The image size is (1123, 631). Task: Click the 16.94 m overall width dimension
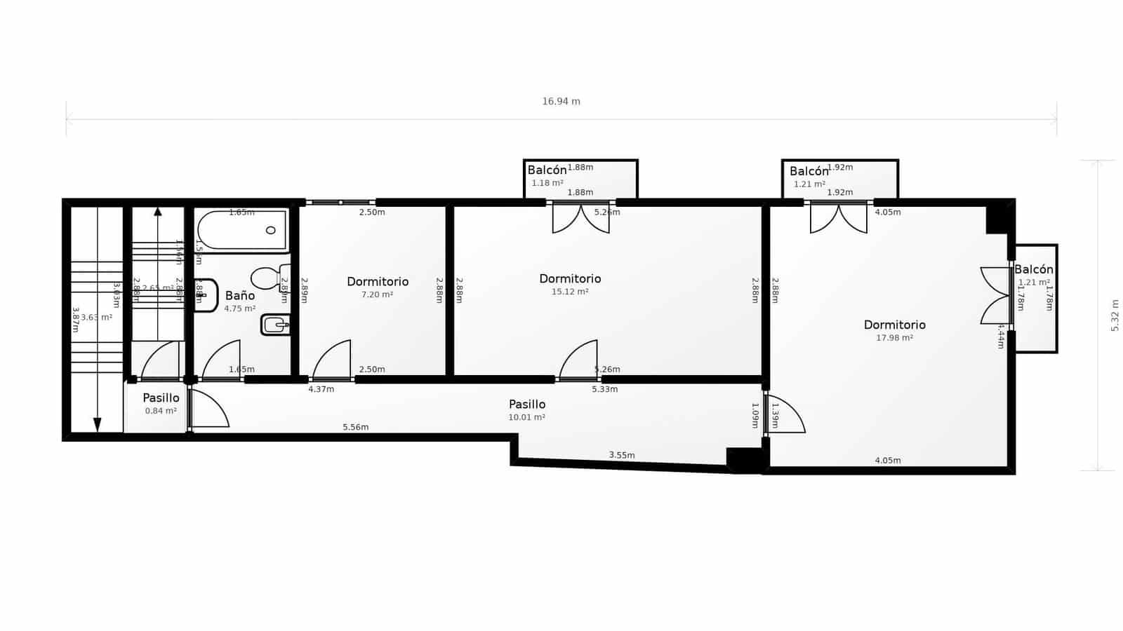pyautogui.click(x=561, y=101)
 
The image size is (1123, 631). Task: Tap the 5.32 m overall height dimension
pyautogui.click(x=1115, y=315)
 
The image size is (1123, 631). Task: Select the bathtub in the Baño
pyautogui.click(x=242, y=230)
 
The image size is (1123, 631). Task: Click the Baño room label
pyautogui.click(x=239, y=295)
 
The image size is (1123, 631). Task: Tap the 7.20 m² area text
pyautogui.click(x=377, y=294)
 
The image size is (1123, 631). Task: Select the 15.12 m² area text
pyautogui.click(x=570, y=292)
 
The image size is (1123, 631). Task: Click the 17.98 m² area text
pyautogui.click(x=894, y=338)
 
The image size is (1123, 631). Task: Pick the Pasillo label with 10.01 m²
pyautogui.click(x=527, y=405)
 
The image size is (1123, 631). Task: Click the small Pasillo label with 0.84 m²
pyautogui.click(x=161, y=398)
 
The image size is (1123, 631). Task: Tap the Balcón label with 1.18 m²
pyautogui.click(x=547, y=170)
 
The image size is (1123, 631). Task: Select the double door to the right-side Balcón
pyautogui.click(x=995, y=295)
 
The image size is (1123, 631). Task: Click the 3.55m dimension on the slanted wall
pyautogui.click(x=621, y=455)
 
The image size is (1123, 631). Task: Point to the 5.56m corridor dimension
pyautogui.click(x=355, y=427)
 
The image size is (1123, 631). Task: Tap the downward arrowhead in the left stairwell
pyautogui.click(x=97, y=425)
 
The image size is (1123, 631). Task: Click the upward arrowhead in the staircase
pyautogui.click(x=158, y=211)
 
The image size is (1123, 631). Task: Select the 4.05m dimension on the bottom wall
pyautogui.click(x=887, y=461)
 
